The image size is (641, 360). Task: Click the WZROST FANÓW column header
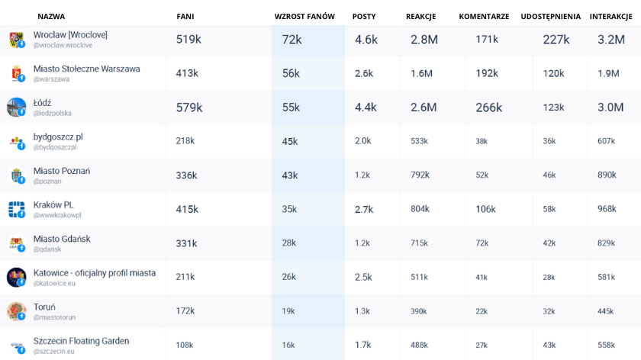point(305,16)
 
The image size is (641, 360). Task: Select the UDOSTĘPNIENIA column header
point(550,16)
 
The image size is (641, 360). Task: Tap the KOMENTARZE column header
point(484,16)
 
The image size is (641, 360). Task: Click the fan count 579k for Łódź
point(189,108)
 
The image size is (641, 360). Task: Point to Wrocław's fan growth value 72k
point(292,40)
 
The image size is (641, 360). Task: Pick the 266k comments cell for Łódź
point(488,108)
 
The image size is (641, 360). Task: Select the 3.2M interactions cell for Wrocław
point(611,40)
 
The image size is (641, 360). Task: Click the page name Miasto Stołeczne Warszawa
point(86,69)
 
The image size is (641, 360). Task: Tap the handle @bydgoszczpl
point(55,146)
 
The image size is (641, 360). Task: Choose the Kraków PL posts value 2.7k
point(364,209)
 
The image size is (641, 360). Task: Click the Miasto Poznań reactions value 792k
point(420,175)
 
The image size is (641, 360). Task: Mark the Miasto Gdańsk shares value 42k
point(549,243)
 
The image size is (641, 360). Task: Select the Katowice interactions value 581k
point(607,277)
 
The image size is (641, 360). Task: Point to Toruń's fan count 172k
point(186,311)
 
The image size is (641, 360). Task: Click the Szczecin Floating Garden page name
point(81,341)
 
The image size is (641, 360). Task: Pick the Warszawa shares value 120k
point(553,73)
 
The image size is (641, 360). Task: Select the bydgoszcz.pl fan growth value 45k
point(290,141)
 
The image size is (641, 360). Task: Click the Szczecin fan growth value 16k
point(288,345)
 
